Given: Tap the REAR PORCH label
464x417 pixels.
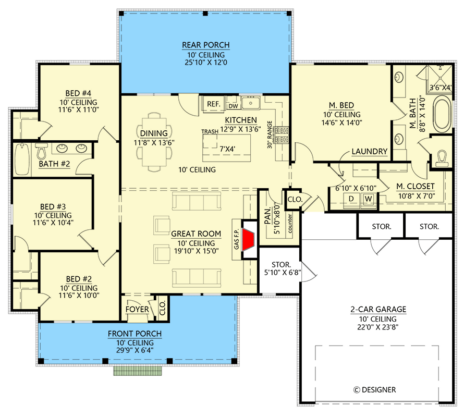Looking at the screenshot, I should coord(205,45).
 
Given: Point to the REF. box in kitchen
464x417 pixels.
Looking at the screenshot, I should coord(213,104).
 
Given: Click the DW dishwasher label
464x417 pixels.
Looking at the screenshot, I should coord(233,105).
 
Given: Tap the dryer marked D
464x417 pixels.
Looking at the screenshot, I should coord(351,199).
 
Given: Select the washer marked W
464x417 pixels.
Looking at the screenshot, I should coord(368,199).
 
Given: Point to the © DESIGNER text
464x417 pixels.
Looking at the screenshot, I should coord(374,389).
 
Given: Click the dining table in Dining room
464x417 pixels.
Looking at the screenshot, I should coord(154,143).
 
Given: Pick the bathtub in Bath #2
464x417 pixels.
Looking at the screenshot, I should coord(22,160).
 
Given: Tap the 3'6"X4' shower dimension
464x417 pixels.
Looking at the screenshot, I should coord(441,89).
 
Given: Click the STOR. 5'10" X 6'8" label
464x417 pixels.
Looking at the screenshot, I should coord(278,267).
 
